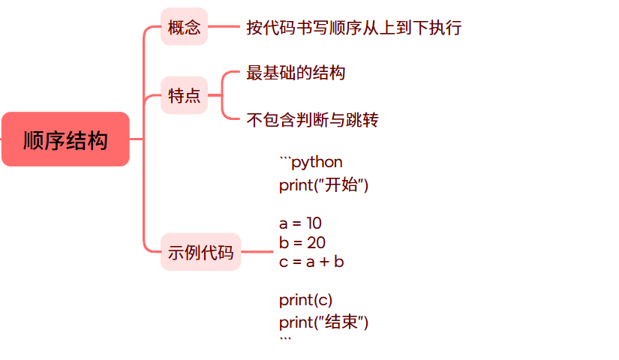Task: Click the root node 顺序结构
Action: pyautogui.click(x=65, y=139)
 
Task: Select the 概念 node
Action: pyautogui.click(x=184, y=28)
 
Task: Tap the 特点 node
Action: pyautogui.click(x=184, y=96)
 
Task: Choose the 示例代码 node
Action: pyautogui.click(x=200, y=253)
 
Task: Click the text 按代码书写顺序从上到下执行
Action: pyautogui.click(x=353, y=28)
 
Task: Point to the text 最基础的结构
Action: pyautogui.click(x=296, y=73)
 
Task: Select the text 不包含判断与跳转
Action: pyautogui.click(x=312, y=120)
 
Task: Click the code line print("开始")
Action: pyautogui.click(x=324, y=185)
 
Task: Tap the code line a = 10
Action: pyautogui.click(x=300, y=223)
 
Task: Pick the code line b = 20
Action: pyautogui.click(x=302, y=242)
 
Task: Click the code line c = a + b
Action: pyautogui.click(x=311, y=262)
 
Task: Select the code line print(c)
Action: pyautogui.click(x=305, y=300)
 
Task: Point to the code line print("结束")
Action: pyautogui.click(x=324, y=322)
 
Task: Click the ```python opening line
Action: pyautogui.click(x=311, y=162)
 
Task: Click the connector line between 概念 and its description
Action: pyautogui.click(x=223, y=28)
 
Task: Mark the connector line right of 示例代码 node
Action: pyautogui.click(x=257, y=253)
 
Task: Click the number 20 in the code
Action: pyautogui.click(x=316, y=242)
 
